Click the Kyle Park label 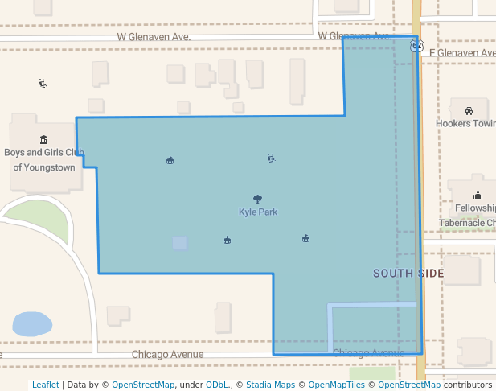pos(257,212)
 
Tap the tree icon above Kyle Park pos(257,199)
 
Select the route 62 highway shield pos(416,46)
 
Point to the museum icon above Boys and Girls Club pos(43,139)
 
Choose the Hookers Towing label pos(465,124)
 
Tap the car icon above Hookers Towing pos(469,111)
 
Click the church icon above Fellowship pos(478,195)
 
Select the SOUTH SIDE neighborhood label pos(408,274)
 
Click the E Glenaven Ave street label pos(462,53)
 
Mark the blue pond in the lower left pos(31,324)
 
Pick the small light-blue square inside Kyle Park pos(179,242)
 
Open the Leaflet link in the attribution pos(45,385)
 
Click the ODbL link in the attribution pos(218,385)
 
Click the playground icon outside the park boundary pos(43,84)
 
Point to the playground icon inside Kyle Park pos(271,158)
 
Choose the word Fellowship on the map pos(475,208)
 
